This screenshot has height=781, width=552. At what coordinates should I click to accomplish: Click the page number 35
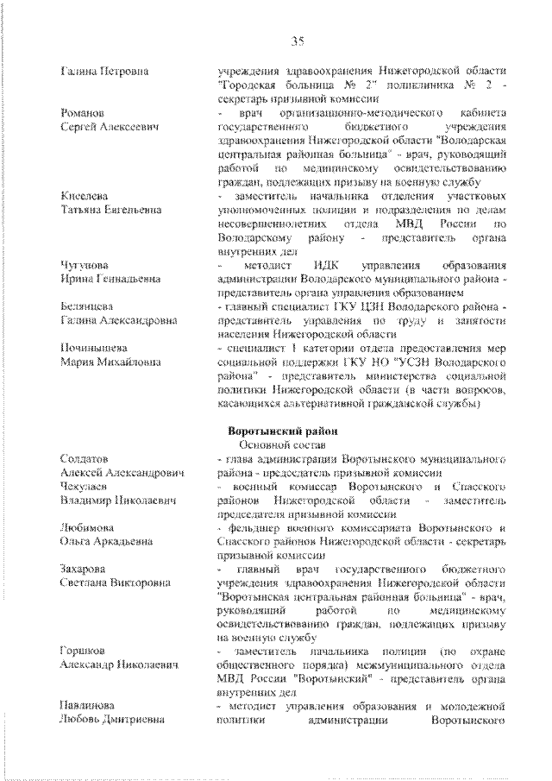coord(298,41)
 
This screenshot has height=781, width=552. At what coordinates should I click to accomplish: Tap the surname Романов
coord(84,113)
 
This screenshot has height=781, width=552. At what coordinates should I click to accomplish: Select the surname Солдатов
coord(85,457)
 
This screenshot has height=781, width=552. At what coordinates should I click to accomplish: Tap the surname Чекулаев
coord(85,486)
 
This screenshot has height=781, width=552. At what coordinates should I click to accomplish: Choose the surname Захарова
coord(84,569)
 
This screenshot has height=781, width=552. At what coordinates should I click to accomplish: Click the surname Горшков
coord(84,652)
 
